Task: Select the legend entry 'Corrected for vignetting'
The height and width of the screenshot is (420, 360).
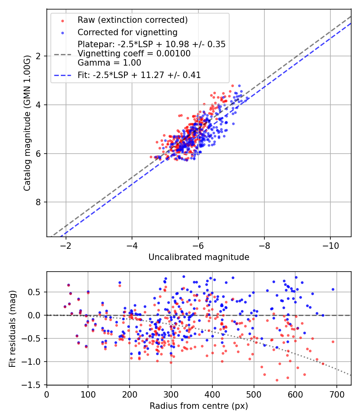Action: (127, 32)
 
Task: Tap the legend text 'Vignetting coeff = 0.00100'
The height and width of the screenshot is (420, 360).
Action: (134, 54)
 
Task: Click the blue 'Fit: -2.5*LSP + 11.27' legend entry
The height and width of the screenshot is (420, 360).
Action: (139, 75)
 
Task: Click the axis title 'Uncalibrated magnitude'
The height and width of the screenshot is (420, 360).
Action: (199, 257)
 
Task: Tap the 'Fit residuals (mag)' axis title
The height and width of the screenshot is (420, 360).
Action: (12, 328)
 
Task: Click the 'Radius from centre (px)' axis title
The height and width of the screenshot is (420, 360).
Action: (199, 406)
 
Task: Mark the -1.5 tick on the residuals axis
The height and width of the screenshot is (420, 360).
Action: (35, 385)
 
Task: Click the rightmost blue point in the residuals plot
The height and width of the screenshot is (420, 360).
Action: (332, 289)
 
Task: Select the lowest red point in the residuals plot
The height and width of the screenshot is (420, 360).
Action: (276, 380)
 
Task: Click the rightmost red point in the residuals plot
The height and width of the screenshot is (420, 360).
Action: (332, 342)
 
